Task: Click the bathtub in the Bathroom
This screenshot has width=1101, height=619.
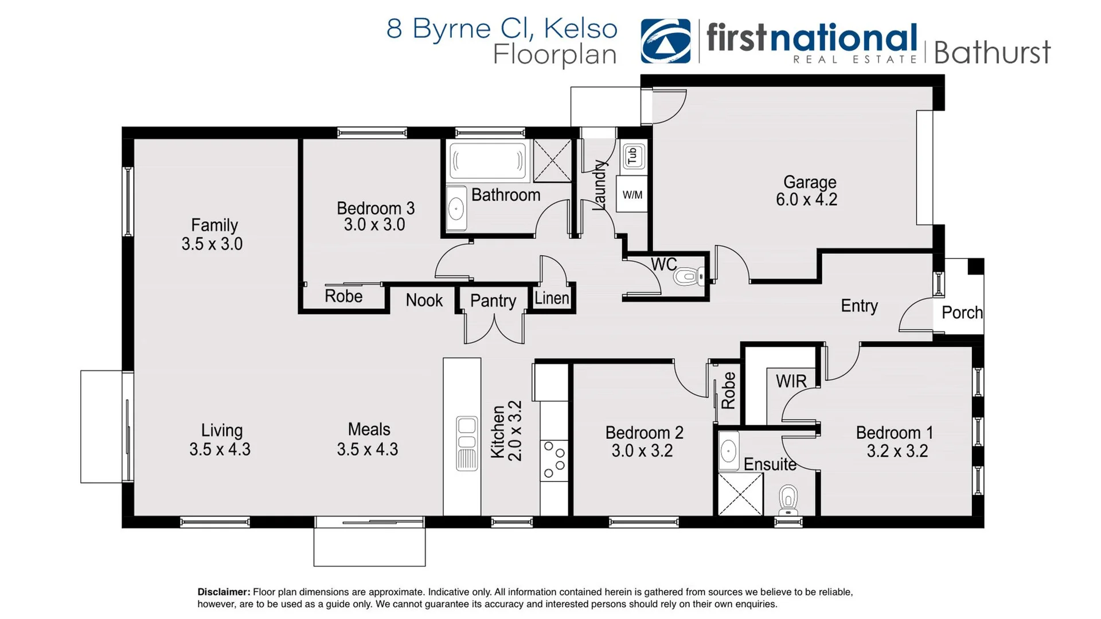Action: (x=487, y=161)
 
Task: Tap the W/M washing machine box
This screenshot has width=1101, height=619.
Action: (x=632, y=195)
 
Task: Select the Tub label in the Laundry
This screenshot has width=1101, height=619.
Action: (x=633, y=155)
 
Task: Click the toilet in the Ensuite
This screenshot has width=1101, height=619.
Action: (x=788, y=499)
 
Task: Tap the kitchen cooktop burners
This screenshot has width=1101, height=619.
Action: (x=554, y=459)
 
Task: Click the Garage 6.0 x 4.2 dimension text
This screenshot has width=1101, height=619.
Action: (x=806, y=199)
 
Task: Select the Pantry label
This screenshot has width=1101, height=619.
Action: (x=493, y=300)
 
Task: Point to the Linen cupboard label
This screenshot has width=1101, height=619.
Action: (x=552, y=298)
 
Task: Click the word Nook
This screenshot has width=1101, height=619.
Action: (x=424, y=300)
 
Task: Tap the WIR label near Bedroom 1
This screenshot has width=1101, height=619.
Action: (x=791, y=381)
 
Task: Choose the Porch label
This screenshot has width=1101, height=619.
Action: (x=962, y=312)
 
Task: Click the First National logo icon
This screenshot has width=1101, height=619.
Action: (x=665, y=41)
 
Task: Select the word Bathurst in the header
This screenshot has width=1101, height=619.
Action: (x=992, y=53)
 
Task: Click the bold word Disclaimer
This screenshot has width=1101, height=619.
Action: (x=224, y=592)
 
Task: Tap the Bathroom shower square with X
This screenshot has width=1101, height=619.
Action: (x=552, y=161)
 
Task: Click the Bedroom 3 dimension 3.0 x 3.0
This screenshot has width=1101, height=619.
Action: (x=374, y=225)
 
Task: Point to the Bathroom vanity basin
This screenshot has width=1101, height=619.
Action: (x=456, y=209)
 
